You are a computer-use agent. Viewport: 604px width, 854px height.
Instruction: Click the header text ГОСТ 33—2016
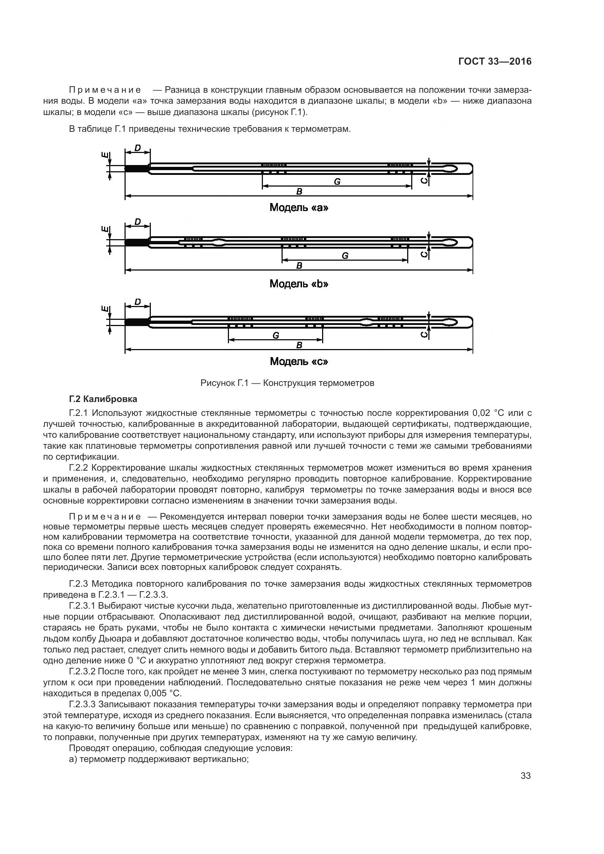pyautogui.click(x=495, y=62)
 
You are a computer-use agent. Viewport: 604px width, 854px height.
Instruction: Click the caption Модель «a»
pyautogui.click(x=299, y=207)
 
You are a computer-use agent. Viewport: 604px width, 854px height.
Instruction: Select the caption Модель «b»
pyautogui.click(x=299, y=284)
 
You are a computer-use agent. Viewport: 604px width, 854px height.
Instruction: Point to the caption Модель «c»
pyautogui.click(x=299, y=361)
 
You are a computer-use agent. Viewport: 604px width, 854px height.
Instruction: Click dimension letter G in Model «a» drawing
pyautogui.click(x=337, y=182)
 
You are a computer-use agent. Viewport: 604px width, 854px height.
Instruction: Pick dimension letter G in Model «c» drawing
pyautogui.click(x=276, y=336)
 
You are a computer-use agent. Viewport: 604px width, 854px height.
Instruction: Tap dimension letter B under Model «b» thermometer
pyautogui.click(x=299, y=265)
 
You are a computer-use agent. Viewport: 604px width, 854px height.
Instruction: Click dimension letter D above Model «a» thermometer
pyautogui.click(x=138, y=148)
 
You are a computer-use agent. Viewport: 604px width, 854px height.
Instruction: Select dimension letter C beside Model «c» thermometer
pyautogui.click(x=424, y=334)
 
